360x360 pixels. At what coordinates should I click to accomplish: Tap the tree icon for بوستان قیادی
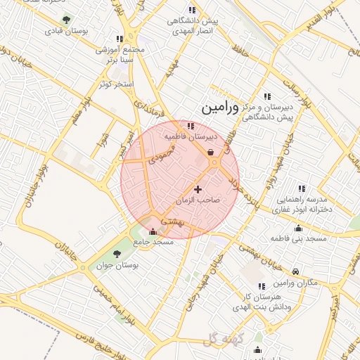(66, 20)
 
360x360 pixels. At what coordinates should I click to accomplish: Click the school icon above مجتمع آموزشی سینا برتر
(120, 39)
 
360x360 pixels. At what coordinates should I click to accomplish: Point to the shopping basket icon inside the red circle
(211, 152)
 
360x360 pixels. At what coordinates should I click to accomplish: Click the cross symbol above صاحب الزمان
(198, 188)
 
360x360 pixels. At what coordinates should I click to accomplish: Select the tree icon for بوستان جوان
(117, 254)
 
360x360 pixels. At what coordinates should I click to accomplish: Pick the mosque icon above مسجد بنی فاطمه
(299, 228)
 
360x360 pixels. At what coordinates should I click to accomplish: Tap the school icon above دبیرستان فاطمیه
(191, 126)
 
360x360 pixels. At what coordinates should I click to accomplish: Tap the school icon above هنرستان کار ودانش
(262, 286)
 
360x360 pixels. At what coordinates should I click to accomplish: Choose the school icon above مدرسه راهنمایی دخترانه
(302, 188)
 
